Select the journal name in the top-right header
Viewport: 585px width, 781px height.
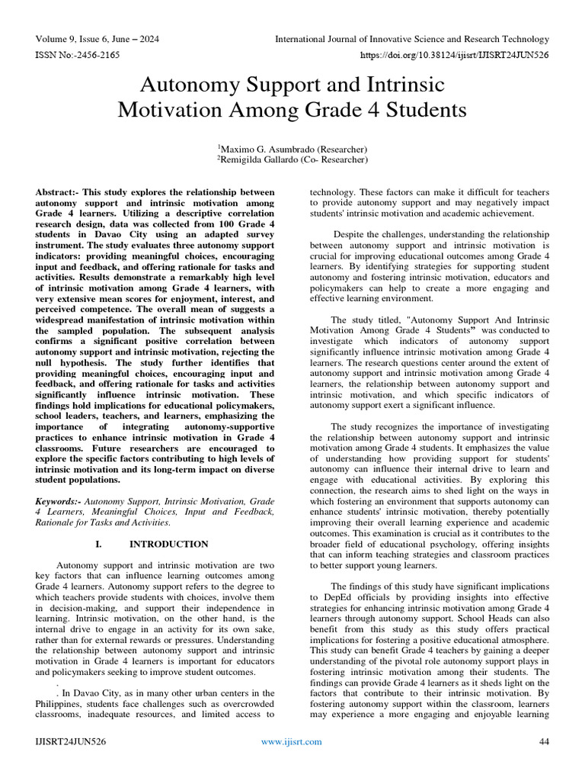click(411, 39)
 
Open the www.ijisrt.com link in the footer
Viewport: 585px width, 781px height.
click(291, 741)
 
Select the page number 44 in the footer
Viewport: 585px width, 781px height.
click(544, 741)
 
